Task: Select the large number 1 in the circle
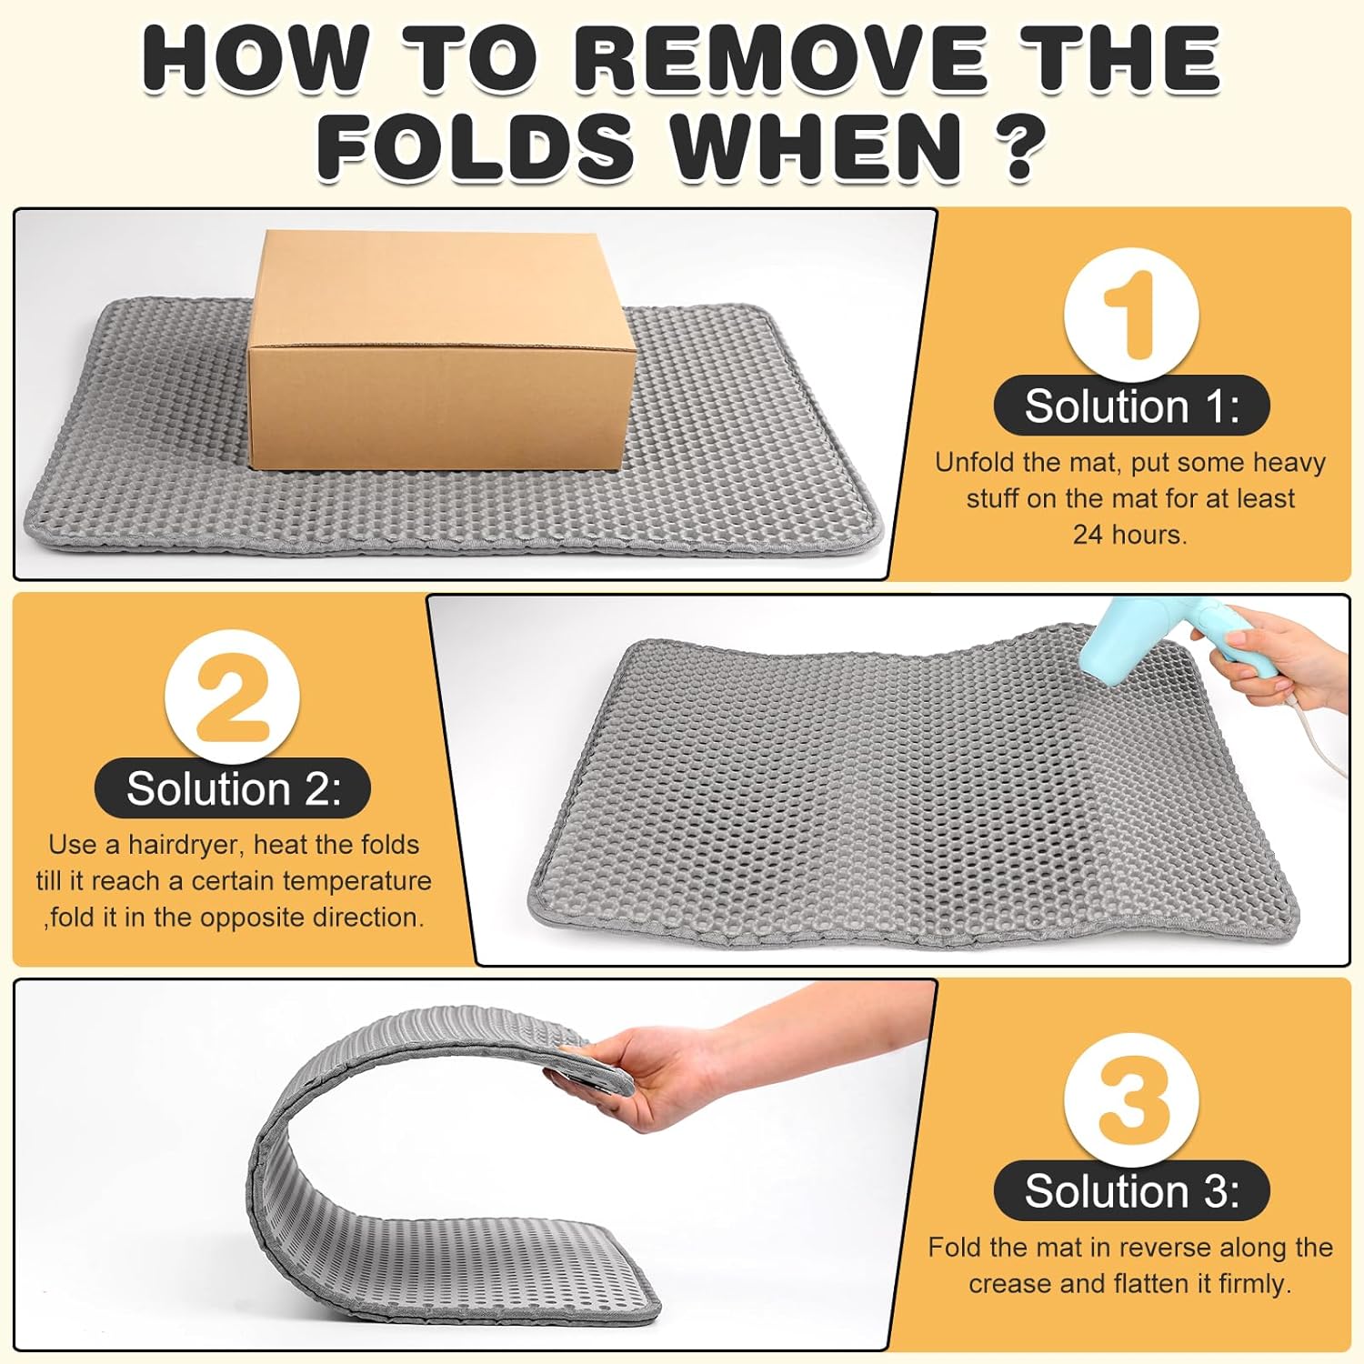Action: (x=1130, y=315)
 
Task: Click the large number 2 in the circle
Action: (x=232, y=698)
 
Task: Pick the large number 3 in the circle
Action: (x=1130, y=1098)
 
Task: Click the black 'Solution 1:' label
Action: (x=1131, y=406)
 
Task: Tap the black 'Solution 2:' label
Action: (x=233, y=788)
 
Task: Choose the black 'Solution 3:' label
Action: (x=1131, y=1191)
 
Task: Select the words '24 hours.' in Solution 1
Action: (x=1130, y=535)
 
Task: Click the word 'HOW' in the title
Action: (x=254, y=60)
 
